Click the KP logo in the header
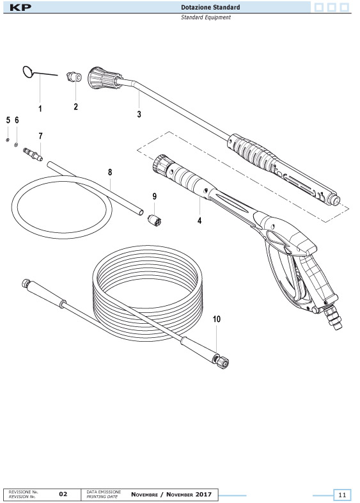(x=20, y=8)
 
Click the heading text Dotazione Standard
(x=210, y=7)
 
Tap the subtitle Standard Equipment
(x=205, y=17)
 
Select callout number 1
(x=40, y=109)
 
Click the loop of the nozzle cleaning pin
(x=28, y=72)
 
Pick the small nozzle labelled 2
(x=74, y=77)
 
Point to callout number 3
(x=139, y=114)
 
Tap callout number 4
(x=200, y=221)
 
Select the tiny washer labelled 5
(x=8, y=140)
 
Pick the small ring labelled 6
(x=16, y=145)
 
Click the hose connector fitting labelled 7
(x=33, y=154)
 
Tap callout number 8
(x=110, y=172)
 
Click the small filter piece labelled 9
(x=154, y=220)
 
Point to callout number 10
(x=217, y=319)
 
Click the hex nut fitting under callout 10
(x=221, y=362)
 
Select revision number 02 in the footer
(x=63, y=494)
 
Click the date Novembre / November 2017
(x=171, y=494)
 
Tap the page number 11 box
(x=342, y=495)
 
